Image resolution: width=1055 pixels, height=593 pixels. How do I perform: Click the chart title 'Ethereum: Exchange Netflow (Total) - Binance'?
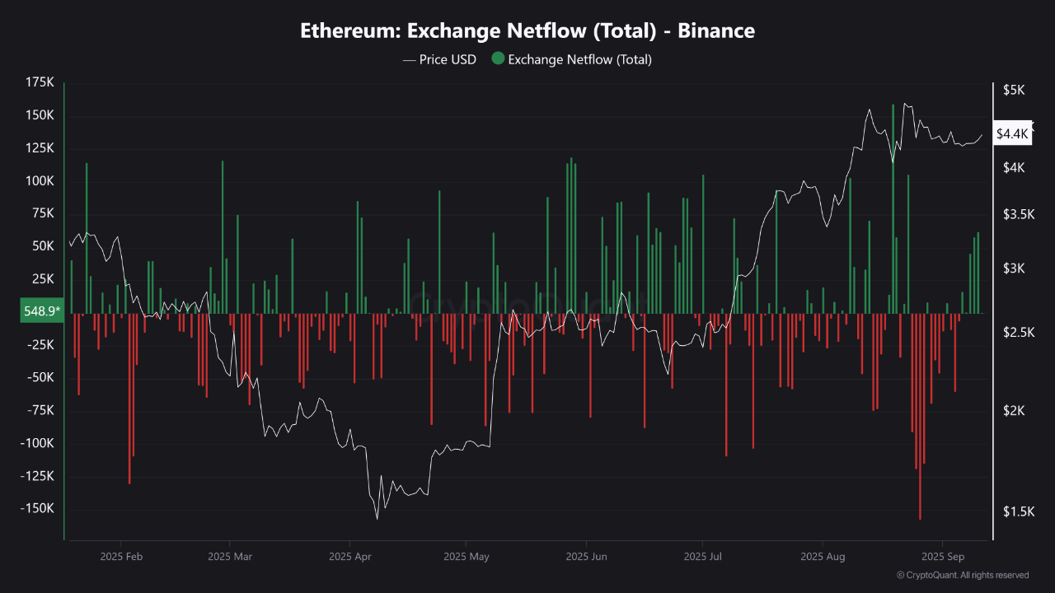[527, 31]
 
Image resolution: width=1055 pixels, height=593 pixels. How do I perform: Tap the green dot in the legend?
[498, 58]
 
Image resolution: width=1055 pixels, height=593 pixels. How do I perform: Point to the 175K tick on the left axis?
[40, 83]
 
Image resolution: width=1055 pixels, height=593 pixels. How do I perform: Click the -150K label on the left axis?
[37, 509]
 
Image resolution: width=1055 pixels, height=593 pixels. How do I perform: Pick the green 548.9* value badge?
[41, 311]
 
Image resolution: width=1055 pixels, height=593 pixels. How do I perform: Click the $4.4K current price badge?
[1012, 133]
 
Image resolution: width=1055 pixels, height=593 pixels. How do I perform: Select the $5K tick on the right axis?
[1013, 90]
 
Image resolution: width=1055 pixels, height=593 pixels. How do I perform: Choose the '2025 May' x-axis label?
[466, 557]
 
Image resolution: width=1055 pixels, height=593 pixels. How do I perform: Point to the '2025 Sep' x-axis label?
[944, 557]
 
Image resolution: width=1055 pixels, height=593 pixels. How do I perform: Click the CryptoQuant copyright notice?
[962, 575]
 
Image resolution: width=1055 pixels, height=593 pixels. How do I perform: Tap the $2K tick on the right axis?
[1013, 411]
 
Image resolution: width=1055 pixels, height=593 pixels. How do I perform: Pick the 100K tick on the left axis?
[40, 181]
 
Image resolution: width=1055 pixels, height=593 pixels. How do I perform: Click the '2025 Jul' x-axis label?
[703, 557]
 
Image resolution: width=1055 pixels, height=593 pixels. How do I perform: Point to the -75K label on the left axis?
[40, 410]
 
